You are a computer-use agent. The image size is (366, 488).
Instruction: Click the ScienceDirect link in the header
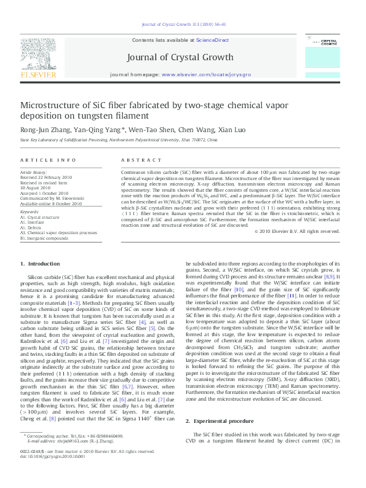pos(212,39)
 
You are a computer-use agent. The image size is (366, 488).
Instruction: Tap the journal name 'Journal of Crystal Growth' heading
pos(183,58)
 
